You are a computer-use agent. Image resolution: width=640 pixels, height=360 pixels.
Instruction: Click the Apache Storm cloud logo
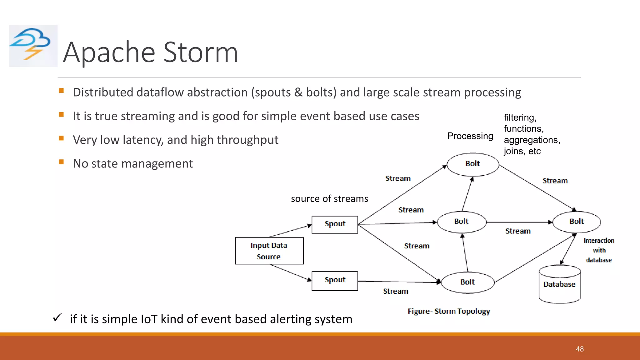point(33,46)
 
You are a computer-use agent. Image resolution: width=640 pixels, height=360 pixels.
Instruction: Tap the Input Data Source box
point(269,251)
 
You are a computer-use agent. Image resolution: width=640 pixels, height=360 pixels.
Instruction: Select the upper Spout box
point(335,224)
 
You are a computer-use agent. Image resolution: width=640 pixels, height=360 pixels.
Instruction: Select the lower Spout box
point(335,281)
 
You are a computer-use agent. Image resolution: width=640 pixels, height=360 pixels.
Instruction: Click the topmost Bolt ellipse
point(472,164)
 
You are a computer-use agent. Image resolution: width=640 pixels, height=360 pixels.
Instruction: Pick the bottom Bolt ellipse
point(467,282)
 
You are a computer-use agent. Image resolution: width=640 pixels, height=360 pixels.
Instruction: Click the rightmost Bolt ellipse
point(577,222)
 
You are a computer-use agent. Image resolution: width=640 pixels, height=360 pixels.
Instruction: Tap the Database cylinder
point(559,284)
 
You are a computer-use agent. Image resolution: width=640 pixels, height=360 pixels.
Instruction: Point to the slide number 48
point(580,349)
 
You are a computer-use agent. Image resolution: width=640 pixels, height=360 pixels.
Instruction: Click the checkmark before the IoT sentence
point(57,318)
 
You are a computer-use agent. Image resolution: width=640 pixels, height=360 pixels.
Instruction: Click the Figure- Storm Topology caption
point(449,311)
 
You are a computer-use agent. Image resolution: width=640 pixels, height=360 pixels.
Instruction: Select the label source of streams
point(329,199)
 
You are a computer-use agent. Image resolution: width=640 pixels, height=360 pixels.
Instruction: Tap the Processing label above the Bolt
point(470,136)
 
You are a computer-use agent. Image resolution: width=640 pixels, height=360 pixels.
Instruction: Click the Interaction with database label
point(599,250)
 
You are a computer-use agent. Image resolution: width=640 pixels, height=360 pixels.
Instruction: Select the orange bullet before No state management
point(61,162)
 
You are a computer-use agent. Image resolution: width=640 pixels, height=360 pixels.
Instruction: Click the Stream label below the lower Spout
point(396,291)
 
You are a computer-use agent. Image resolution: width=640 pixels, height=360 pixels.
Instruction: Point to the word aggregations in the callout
point(532,140)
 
